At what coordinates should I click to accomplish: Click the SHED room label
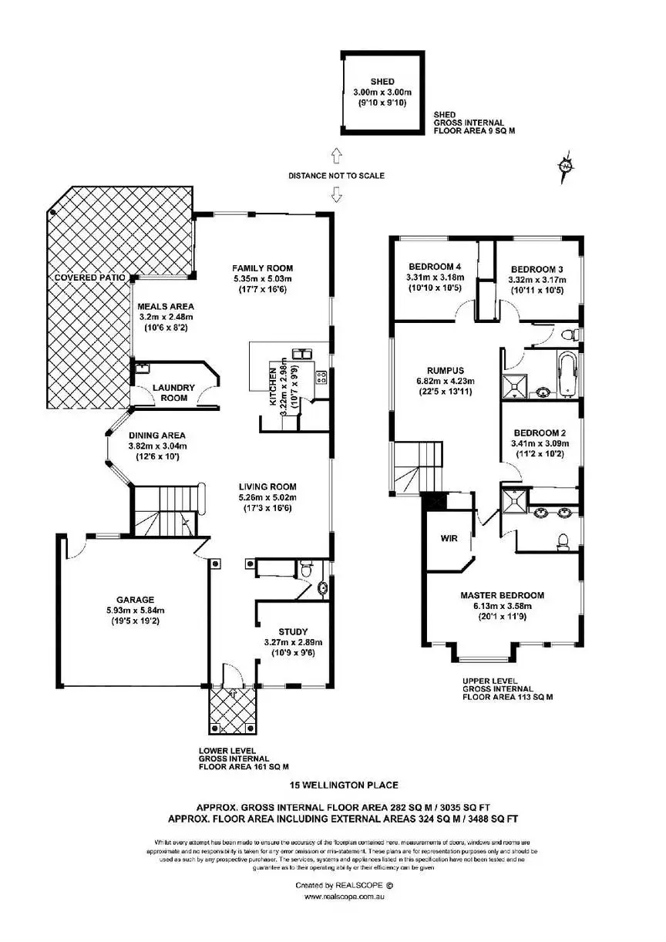pos(382,82)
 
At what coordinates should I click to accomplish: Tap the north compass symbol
pos(567,167)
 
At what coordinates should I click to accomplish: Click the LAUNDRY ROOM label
pos(173,392)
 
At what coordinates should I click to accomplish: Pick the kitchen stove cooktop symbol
pos(321,377)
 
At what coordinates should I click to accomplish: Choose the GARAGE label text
pos(136,599)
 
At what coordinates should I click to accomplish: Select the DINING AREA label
pos(157,435)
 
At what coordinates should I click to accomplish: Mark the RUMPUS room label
pos(434,369)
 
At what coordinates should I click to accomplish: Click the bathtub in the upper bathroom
pos(568,374)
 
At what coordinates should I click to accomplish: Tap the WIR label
pos(449,538)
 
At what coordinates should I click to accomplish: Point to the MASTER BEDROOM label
pos(502,595)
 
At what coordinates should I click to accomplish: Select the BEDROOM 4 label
pos(430,267)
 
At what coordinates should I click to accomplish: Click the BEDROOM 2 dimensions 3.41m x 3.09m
pos(539,443)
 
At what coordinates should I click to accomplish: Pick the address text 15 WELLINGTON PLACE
pos(344,786)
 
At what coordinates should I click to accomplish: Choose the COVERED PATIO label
pos(86,277)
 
